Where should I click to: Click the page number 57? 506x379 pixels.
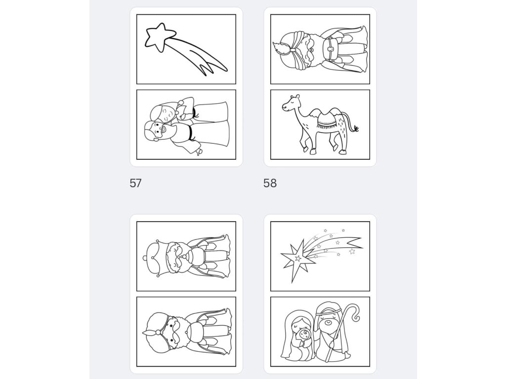coord(135,183)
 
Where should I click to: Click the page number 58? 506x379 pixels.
coord(270,183)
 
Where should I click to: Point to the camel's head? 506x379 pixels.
coord(291,103)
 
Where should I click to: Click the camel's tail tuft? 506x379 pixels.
coord(356,129)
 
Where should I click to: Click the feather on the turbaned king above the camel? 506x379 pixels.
coord(280,48)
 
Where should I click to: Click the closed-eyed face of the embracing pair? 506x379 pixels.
coord(167,114)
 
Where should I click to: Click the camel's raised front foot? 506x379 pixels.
coord(305,149)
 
